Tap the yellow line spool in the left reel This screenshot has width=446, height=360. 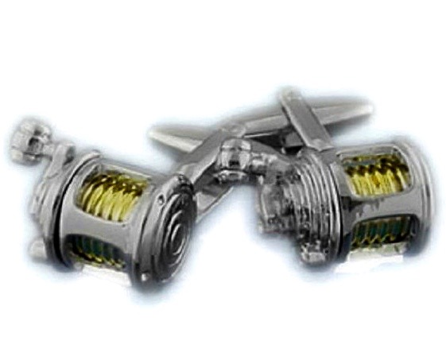coord(111,194)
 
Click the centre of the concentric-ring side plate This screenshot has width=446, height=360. coord(171,219)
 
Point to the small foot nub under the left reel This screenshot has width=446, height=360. coord(35,248)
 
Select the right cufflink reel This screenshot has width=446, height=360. coord(350,203)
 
